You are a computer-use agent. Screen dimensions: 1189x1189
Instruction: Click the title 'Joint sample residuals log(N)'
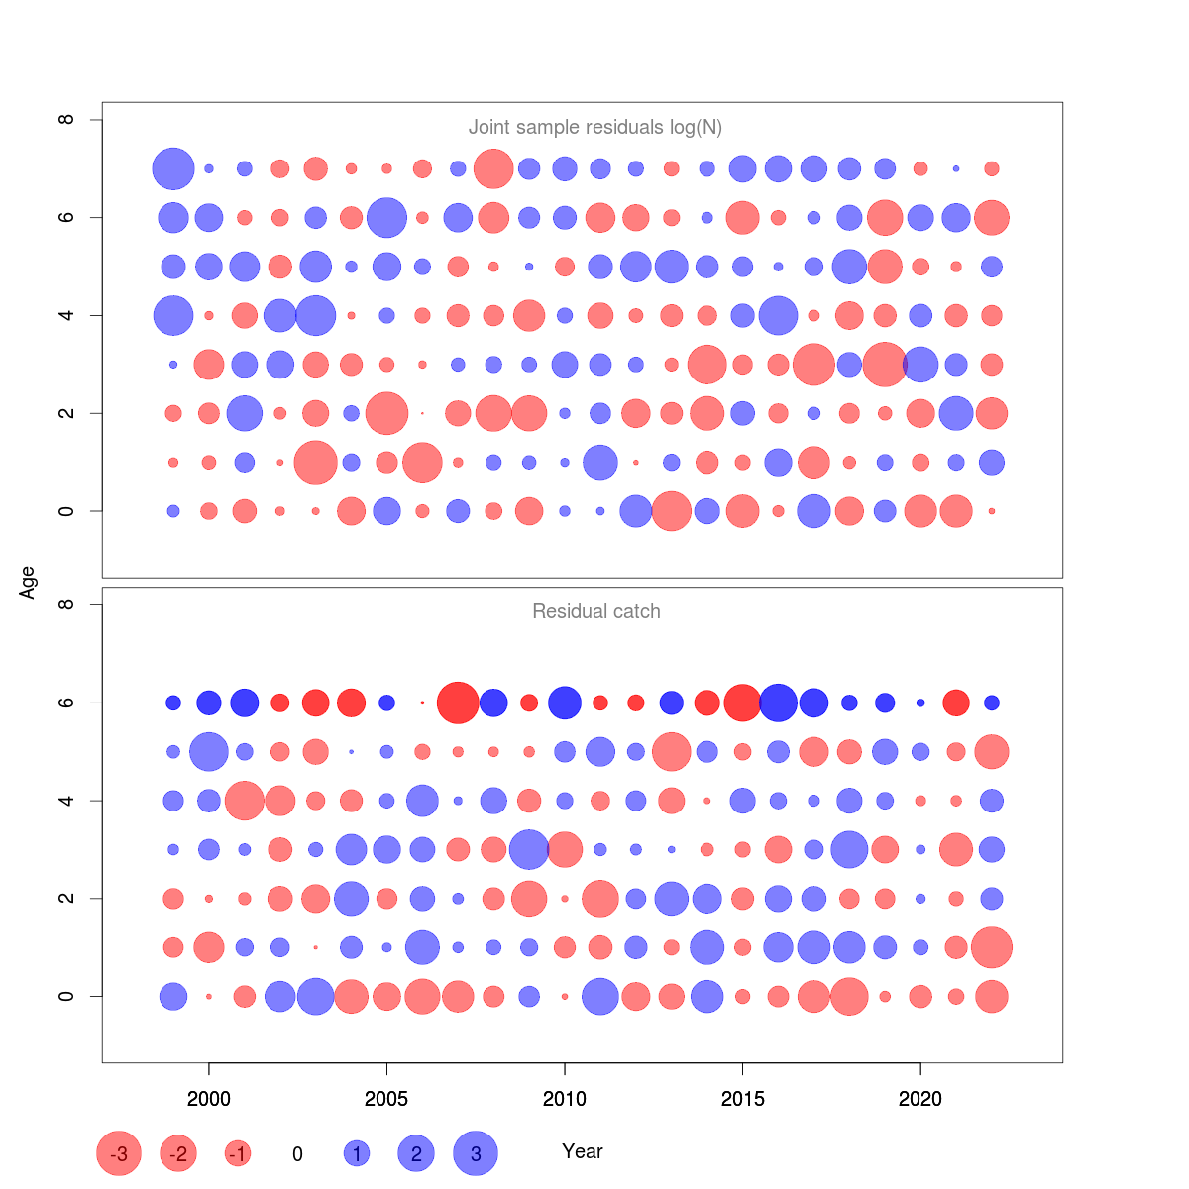(x=594, y=127)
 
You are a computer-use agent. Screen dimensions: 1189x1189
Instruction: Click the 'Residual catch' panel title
(x=595, y=611)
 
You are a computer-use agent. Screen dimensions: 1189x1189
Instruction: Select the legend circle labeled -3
(x=119, y=1153)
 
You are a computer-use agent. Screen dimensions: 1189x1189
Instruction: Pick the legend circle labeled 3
(x=476, y=1153)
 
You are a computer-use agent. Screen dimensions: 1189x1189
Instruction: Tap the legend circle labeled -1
(x=238, y=1153)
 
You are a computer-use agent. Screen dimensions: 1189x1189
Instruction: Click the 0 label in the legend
(x=297, y=1154)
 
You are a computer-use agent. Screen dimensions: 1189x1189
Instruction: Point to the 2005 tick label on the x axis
(x=386, y=1098)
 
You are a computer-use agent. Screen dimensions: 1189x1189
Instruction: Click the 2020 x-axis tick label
(x=920, y=1098)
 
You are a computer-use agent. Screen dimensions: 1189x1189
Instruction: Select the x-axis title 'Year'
(x=583, y=1151)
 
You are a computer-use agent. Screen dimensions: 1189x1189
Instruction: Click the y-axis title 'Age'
(x=28, y=583)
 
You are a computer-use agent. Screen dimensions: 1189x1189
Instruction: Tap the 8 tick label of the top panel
(x=66, y=120)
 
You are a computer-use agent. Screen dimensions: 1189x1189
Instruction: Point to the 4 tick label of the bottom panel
(x=66, y=800)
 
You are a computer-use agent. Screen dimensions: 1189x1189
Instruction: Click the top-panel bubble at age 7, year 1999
(x=173, y=168)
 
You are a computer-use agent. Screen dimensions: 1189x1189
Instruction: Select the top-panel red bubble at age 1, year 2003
(x=316, y=462)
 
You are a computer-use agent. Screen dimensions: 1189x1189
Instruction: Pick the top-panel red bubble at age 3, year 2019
(x=884, y=364)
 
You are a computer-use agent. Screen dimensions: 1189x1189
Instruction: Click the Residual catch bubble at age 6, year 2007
(x=458, y=703)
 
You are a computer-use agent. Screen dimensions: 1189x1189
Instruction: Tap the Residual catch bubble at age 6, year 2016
(x=778, y=703)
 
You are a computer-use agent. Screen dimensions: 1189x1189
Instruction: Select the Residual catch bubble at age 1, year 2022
(x=992, y=947)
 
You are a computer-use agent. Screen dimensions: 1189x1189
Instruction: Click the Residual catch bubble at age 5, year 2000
(x=209, y=751)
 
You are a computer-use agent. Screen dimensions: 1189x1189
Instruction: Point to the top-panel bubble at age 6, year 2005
(x=386, y=217)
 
